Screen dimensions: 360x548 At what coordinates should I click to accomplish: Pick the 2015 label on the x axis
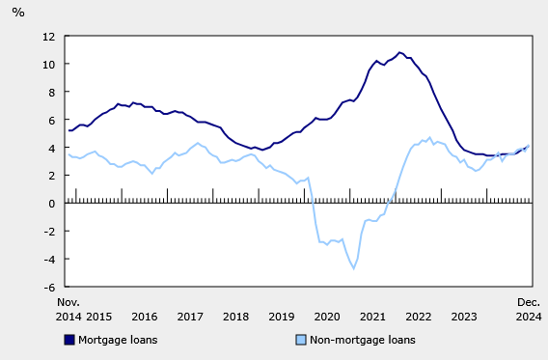[x=99, y=316]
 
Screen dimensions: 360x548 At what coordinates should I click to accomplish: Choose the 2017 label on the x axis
[x=190, y=316]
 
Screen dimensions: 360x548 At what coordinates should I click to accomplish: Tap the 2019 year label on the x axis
[x=282, y=316]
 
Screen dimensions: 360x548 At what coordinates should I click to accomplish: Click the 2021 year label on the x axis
[x=372, y=316]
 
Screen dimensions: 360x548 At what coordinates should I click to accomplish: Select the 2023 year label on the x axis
[x=464, y=316]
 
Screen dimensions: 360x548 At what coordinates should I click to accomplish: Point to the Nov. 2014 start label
[x=68, y=309]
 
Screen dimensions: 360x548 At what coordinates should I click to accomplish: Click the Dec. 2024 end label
[x=529, y=309]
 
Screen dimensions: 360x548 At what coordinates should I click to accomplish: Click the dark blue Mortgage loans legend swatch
[x=69, y=340]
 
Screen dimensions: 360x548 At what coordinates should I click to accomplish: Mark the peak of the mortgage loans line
[x=399, y=52]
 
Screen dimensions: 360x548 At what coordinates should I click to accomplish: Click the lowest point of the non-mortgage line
[x=354, y=268]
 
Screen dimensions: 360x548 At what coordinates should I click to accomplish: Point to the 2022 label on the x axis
[x=419, y=316]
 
